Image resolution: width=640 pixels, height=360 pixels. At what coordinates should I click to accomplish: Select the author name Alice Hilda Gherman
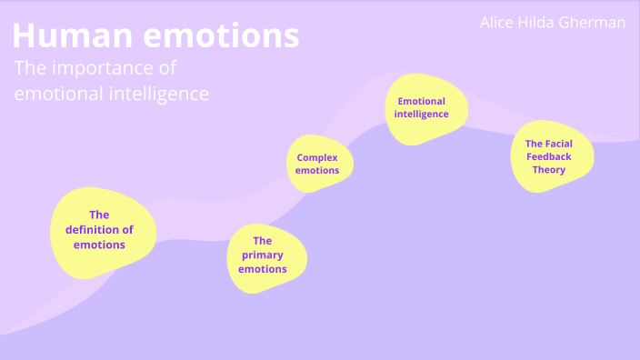[552, 23]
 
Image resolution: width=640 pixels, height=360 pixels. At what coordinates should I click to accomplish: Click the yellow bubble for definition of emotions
[101, 228]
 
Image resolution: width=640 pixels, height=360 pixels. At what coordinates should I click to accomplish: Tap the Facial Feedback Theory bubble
[551, 155]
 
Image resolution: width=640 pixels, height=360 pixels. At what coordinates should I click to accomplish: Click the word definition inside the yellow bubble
[99, 229]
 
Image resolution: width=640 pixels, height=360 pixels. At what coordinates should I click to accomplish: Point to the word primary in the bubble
[263, 255]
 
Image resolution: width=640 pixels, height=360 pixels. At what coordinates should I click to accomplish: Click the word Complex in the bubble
[317, 157]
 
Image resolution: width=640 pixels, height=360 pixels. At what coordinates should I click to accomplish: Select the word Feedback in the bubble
[549, 156]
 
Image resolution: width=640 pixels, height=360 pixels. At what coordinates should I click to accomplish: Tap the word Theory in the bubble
[549, 170]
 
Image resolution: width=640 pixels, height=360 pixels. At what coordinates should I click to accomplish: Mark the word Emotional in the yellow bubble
[421, 101]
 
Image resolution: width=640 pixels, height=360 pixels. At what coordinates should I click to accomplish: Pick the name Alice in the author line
[497, 23]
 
